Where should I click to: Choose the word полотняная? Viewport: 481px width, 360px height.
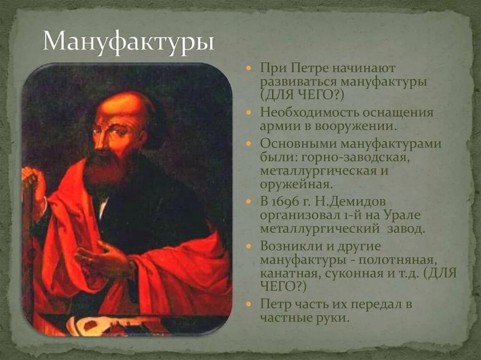397,260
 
